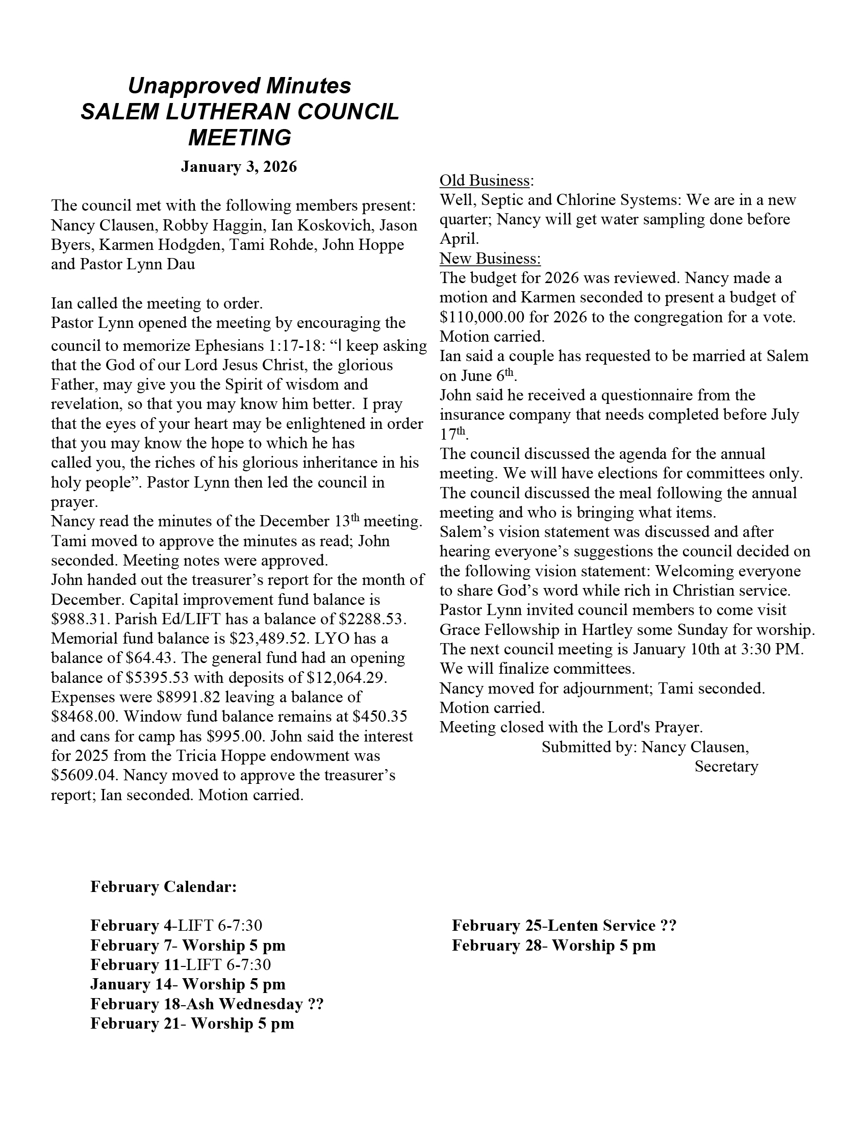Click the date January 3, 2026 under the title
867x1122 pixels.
point(239,167)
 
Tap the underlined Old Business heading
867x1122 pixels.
point(486,181)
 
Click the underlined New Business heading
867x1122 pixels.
point(490,258)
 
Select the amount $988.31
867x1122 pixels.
point(72,619)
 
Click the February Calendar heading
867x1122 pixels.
point(163,887)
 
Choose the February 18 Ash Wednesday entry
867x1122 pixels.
point(207,1004)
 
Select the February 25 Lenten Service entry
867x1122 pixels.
point(564,926)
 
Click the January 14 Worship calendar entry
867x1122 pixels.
point(188,984)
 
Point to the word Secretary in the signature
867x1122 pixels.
point(726,767)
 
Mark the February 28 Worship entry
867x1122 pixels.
point(554,945)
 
